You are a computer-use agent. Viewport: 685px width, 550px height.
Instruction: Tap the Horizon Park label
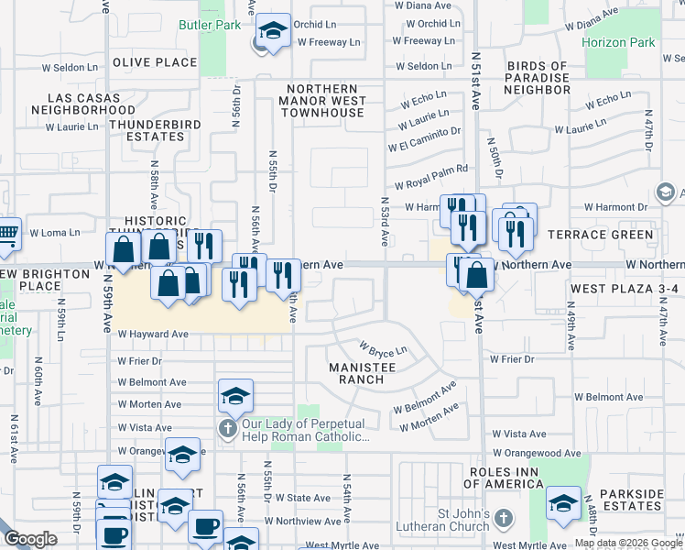tap(618, 42)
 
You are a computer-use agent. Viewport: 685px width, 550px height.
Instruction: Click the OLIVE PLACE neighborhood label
tap(155, 62)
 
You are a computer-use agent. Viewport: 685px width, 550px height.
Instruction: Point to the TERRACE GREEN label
tap(601, 235)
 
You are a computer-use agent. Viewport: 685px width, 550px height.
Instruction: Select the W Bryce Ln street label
tap(383, 350)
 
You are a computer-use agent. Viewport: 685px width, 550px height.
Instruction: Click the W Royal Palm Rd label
tap(429, 169)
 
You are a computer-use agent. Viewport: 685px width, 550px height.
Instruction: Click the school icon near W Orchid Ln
tap(273, 32)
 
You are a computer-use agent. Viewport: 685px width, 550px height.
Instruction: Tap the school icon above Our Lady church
tap(235, 397)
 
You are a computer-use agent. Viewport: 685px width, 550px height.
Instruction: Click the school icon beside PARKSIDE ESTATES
tap(563, 503)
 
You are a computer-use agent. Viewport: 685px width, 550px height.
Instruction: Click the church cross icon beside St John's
tap(502, 520)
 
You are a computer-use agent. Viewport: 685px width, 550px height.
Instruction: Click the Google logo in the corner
tap(30, 539)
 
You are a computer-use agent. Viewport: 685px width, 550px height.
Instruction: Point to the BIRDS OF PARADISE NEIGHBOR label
tap(538, 78)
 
